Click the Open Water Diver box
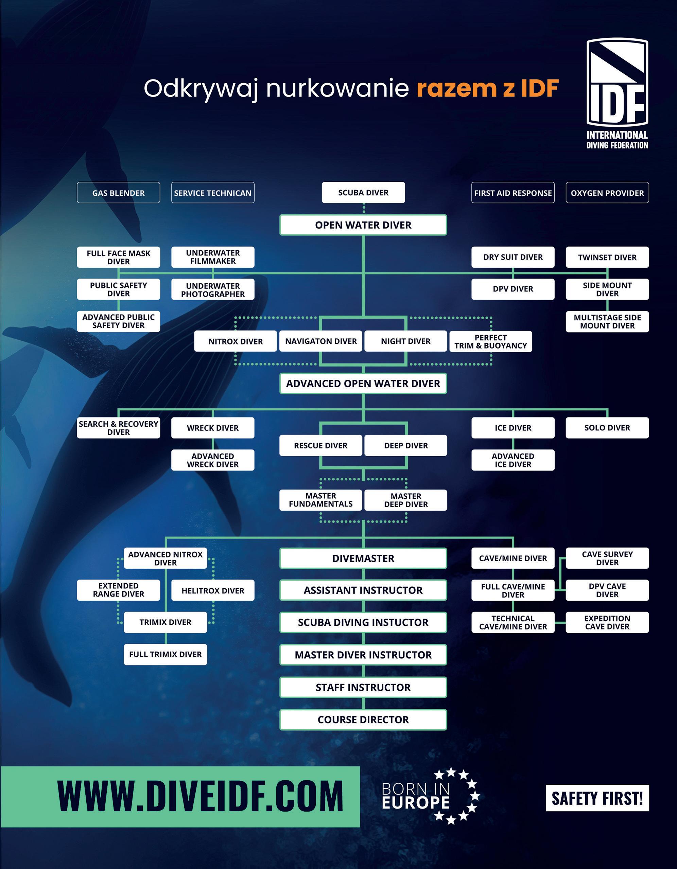click(x=363, y=225)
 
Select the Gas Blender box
click(x=118, y=193)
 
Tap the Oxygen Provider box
click(x=607, y=193)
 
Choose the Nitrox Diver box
click(x=235, y=341)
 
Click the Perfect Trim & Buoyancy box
click(x=490, y=341)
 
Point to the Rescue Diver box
click(x=320, y=445)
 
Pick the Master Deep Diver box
click(x=405, y=500)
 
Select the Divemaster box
click(x=363, y=558)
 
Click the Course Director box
click(x=363, y=720)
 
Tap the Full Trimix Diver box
click(x=165, y=655)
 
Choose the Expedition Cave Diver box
click(x=607, y=622)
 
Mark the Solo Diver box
click(x=607, y=428)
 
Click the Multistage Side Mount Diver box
click(x=607, y=321)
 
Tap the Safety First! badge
click(x=597, y=798)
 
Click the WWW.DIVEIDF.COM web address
click(x=200, y=797)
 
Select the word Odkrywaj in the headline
click(x=201, y=88)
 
